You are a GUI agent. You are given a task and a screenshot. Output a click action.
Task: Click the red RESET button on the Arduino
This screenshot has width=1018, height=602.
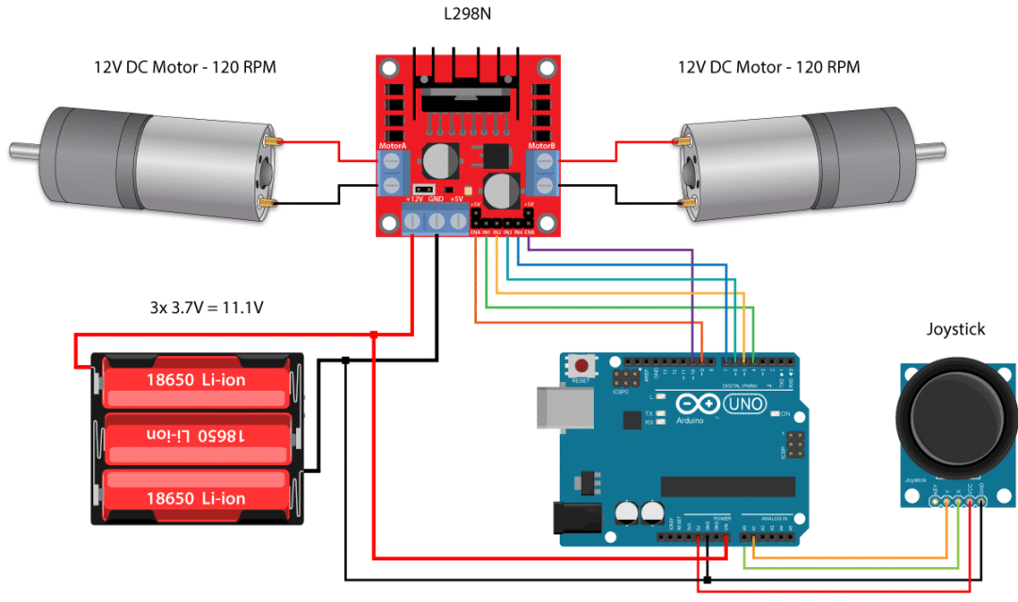(x=583, y=366)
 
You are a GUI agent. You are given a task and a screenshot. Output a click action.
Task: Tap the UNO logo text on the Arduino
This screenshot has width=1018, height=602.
(x=744, y=404)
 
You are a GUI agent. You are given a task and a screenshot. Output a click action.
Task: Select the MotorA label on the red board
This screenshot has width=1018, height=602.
(x=392, y=146)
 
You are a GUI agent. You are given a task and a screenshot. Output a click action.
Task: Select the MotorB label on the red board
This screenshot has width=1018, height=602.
(x=541, y=146)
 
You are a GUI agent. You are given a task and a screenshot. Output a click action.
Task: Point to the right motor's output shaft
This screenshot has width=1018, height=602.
(x=930, y=148)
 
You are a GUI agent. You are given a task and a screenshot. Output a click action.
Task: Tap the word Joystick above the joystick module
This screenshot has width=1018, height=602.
(x=956, y=329)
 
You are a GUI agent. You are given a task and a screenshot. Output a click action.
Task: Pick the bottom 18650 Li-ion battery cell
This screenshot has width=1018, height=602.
(x=195, y=497)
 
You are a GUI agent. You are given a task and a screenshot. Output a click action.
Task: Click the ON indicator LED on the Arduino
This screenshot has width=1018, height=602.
(x=775, y=414)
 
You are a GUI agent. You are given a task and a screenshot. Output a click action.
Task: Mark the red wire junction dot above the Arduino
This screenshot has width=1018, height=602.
(x=374, y=334)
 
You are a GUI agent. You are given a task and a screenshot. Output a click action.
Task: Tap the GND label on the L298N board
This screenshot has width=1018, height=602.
(x=435, y=199)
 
